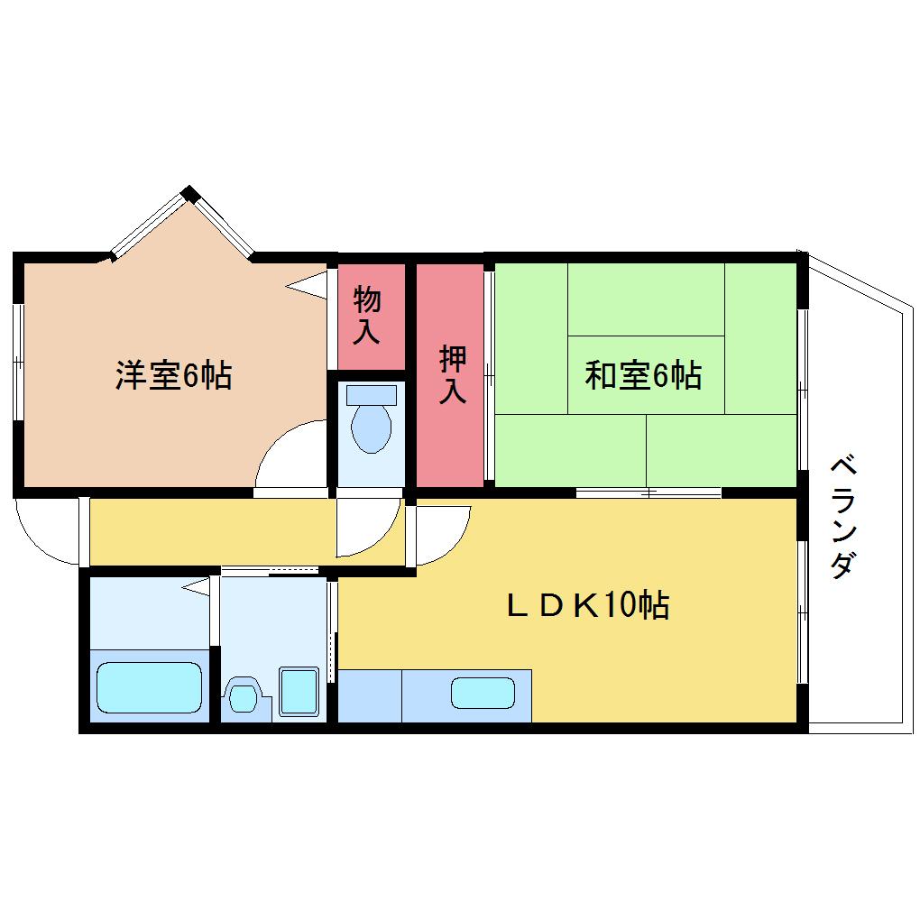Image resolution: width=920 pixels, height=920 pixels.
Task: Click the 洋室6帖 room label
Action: [174, 375]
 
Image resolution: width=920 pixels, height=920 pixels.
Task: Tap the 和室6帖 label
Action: [643, 375]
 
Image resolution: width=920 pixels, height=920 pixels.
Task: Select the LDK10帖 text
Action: [588, 605]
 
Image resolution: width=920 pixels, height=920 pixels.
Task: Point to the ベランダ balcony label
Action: [843, 516]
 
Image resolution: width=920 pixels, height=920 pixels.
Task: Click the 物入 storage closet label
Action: [367, 315]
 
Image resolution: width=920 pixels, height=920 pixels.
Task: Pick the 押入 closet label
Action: [453, 374]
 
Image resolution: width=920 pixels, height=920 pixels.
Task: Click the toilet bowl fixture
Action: [371, 429]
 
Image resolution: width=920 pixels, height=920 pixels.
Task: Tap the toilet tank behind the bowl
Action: [372, 394]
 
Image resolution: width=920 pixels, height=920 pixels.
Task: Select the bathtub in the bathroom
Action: [149, 687]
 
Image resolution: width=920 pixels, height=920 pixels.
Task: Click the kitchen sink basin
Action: [483, 693]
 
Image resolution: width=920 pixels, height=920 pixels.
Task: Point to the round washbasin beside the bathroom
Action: [243, 696]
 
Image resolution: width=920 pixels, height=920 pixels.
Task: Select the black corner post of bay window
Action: [189, 194]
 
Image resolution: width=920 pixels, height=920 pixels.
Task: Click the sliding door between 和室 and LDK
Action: [649, 492]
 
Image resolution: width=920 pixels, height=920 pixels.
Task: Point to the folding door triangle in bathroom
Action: [196, 585]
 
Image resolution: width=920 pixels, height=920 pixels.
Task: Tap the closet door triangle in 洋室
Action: [307, 286]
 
